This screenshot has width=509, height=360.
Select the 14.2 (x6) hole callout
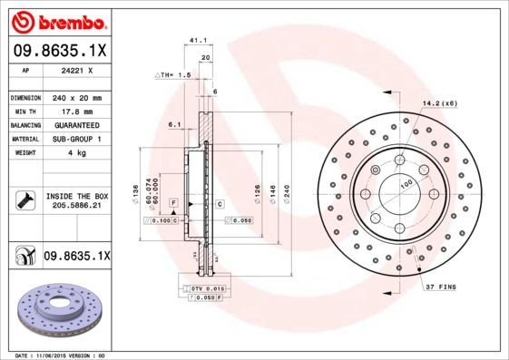tap(439, 104)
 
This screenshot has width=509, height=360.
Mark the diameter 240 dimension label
tap(287, 192)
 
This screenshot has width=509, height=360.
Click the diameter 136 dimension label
tap(136, 192)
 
